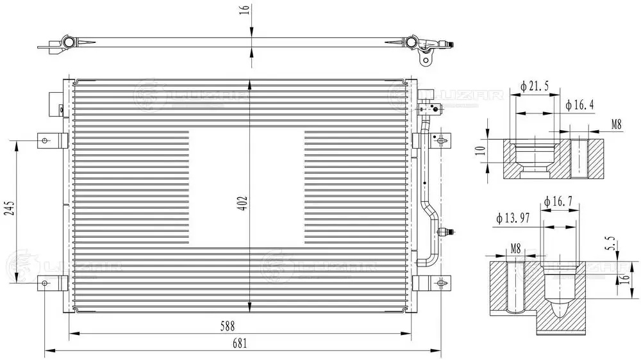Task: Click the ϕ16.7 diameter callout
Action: point(557,202)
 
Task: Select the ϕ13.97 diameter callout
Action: point(512,219)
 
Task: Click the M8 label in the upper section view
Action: point(615,124)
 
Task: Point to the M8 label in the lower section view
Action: point(516,248)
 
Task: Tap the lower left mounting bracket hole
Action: point(44,282)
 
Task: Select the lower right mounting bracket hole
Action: point(442,282)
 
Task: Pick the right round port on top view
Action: point(411,43)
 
